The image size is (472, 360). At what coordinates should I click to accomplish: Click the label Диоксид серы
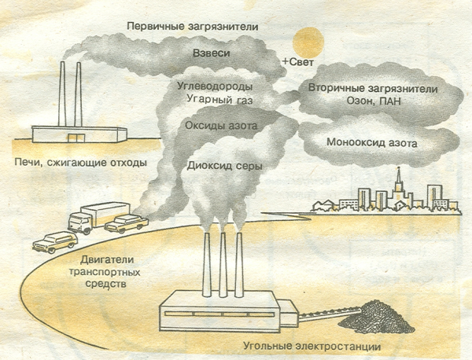coord(224,166)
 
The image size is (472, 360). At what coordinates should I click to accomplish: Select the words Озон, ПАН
coord(370,101)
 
